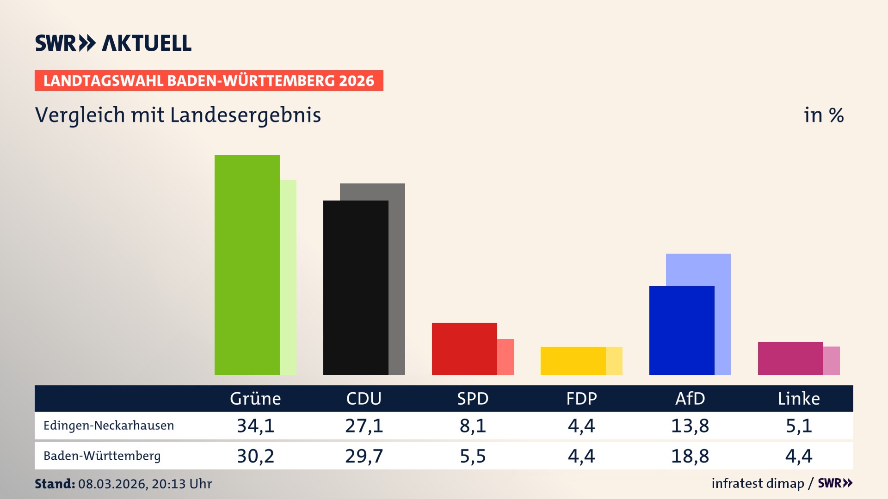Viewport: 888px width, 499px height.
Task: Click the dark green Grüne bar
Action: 247,265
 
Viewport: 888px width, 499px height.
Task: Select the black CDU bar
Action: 356,287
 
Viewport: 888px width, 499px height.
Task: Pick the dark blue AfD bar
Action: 682,330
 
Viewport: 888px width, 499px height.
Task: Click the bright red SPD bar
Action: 464,349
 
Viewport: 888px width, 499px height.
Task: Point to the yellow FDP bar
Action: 573,361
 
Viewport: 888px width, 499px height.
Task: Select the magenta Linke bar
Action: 790,358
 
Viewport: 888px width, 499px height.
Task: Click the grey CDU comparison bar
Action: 397,277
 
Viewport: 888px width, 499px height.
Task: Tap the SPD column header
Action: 473,399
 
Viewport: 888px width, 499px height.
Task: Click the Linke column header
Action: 799,399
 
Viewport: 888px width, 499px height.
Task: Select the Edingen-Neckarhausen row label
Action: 109,426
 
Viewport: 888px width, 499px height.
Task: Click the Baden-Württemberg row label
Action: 102,456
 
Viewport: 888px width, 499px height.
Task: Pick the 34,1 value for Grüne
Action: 255,426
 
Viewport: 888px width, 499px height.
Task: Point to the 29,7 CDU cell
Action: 364,456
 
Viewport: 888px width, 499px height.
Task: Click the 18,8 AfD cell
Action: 690,456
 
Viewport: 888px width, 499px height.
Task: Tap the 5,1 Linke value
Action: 799,426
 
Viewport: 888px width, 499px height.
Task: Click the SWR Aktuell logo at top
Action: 113,43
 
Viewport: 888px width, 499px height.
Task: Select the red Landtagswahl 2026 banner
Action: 209,81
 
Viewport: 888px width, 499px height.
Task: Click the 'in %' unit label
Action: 823,116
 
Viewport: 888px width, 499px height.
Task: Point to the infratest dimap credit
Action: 758,483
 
